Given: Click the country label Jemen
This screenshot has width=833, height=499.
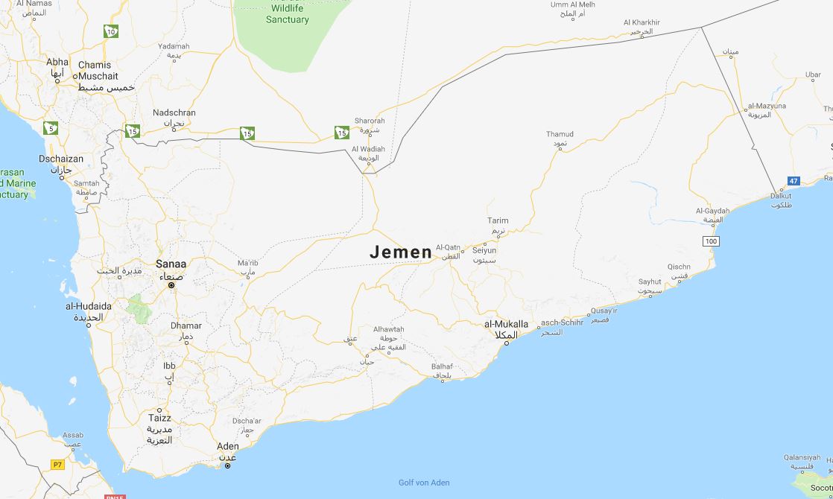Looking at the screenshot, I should click(401, 252).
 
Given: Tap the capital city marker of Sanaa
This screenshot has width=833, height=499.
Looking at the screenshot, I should click(171, 285).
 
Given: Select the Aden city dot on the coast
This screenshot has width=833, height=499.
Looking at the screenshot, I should click(228, 465).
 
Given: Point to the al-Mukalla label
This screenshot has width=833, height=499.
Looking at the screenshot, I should click(506, 324).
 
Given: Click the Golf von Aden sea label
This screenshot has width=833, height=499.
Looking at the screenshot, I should click(424, 483).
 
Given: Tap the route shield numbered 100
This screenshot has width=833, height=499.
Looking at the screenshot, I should click(711, 241).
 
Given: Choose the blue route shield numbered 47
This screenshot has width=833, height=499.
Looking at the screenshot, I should click(794, 181).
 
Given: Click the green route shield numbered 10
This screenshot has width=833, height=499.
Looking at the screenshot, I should click(111, 31).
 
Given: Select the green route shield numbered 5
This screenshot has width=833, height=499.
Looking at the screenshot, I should click(51, 128).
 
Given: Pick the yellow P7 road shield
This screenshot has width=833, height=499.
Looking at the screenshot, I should click(57, 464).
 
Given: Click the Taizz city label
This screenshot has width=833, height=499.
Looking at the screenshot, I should click(159, 418).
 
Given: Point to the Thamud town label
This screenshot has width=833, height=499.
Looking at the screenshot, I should click(560, 135).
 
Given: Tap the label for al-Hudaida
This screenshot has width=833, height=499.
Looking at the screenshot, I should click(89, 306).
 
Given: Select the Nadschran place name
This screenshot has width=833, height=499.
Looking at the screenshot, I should click(174, 112).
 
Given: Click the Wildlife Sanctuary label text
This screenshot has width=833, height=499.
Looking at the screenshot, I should click(287, 13).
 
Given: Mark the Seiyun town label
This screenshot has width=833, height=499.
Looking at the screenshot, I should click(484, 251).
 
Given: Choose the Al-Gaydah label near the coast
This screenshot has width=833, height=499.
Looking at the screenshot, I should click(712, 211).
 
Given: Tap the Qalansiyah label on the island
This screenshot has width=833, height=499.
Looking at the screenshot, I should click(802, 457).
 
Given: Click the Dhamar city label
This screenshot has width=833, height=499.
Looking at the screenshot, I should click(186, 325).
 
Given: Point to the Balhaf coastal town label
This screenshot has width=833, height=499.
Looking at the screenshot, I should click(442, 366).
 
